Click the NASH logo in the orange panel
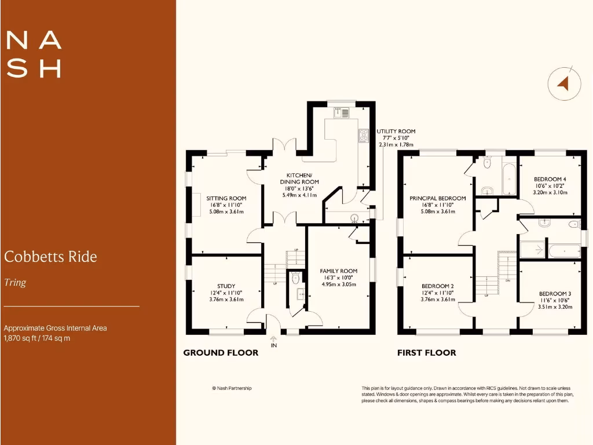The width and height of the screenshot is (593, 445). pyautogui.click(x=34, y=54)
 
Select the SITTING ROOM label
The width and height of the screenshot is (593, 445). pyautogui.click(x=226, y=198)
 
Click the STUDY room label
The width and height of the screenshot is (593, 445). pyautogui.click(x=226, y=286)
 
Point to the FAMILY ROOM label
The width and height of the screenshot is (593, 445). pyautogui.click(x=339, y=271)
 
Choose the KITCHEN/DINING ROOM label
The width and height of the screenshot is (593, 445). pyautogui.click(x=299, y=178)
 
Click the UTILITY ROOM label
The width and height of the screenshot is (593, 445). pyautogui.click(x=396, y=132)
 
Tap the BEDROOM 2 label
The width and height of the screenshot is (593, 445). pyautogui.click(x=437, y=286)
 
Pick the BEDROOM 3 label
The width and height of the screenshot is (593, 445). pyautogui.click(x=555, y=294)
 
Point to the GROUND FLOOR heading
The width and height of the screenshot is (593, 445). pyautogui.click(x=221, y=352)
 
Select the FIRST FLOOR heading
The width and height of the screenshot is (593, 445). pyautogui.click(x=426, y=352)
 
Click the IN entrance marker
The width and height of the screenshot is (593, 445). pyautogui.click(x=274, y=345)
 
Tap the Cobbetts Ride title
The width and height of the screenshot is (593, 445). pyautogui.click(x=50, y=256)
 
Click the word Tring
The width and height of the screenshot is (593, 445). pyautogui.click(x=15, y=283)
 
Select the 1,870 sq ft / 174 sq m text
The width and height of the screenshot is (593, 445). pyautogui.click(x=37, y=338)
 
